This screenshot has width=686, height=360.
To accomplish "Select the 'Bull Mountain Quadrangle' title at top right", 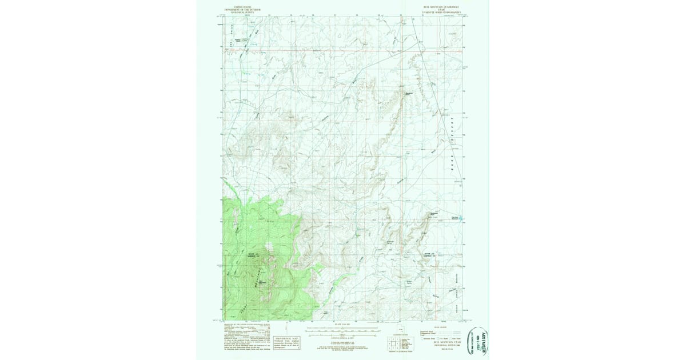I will (x=440, y=10).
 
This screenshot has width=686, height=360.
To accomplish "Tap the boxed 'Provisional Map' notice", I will (x=287, y=341).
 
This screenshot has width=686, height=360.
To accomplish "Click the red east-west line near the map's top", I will (x=343, y=50).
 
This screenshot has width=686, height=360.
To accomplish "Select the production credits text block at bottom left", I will (x=244, y=339).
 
